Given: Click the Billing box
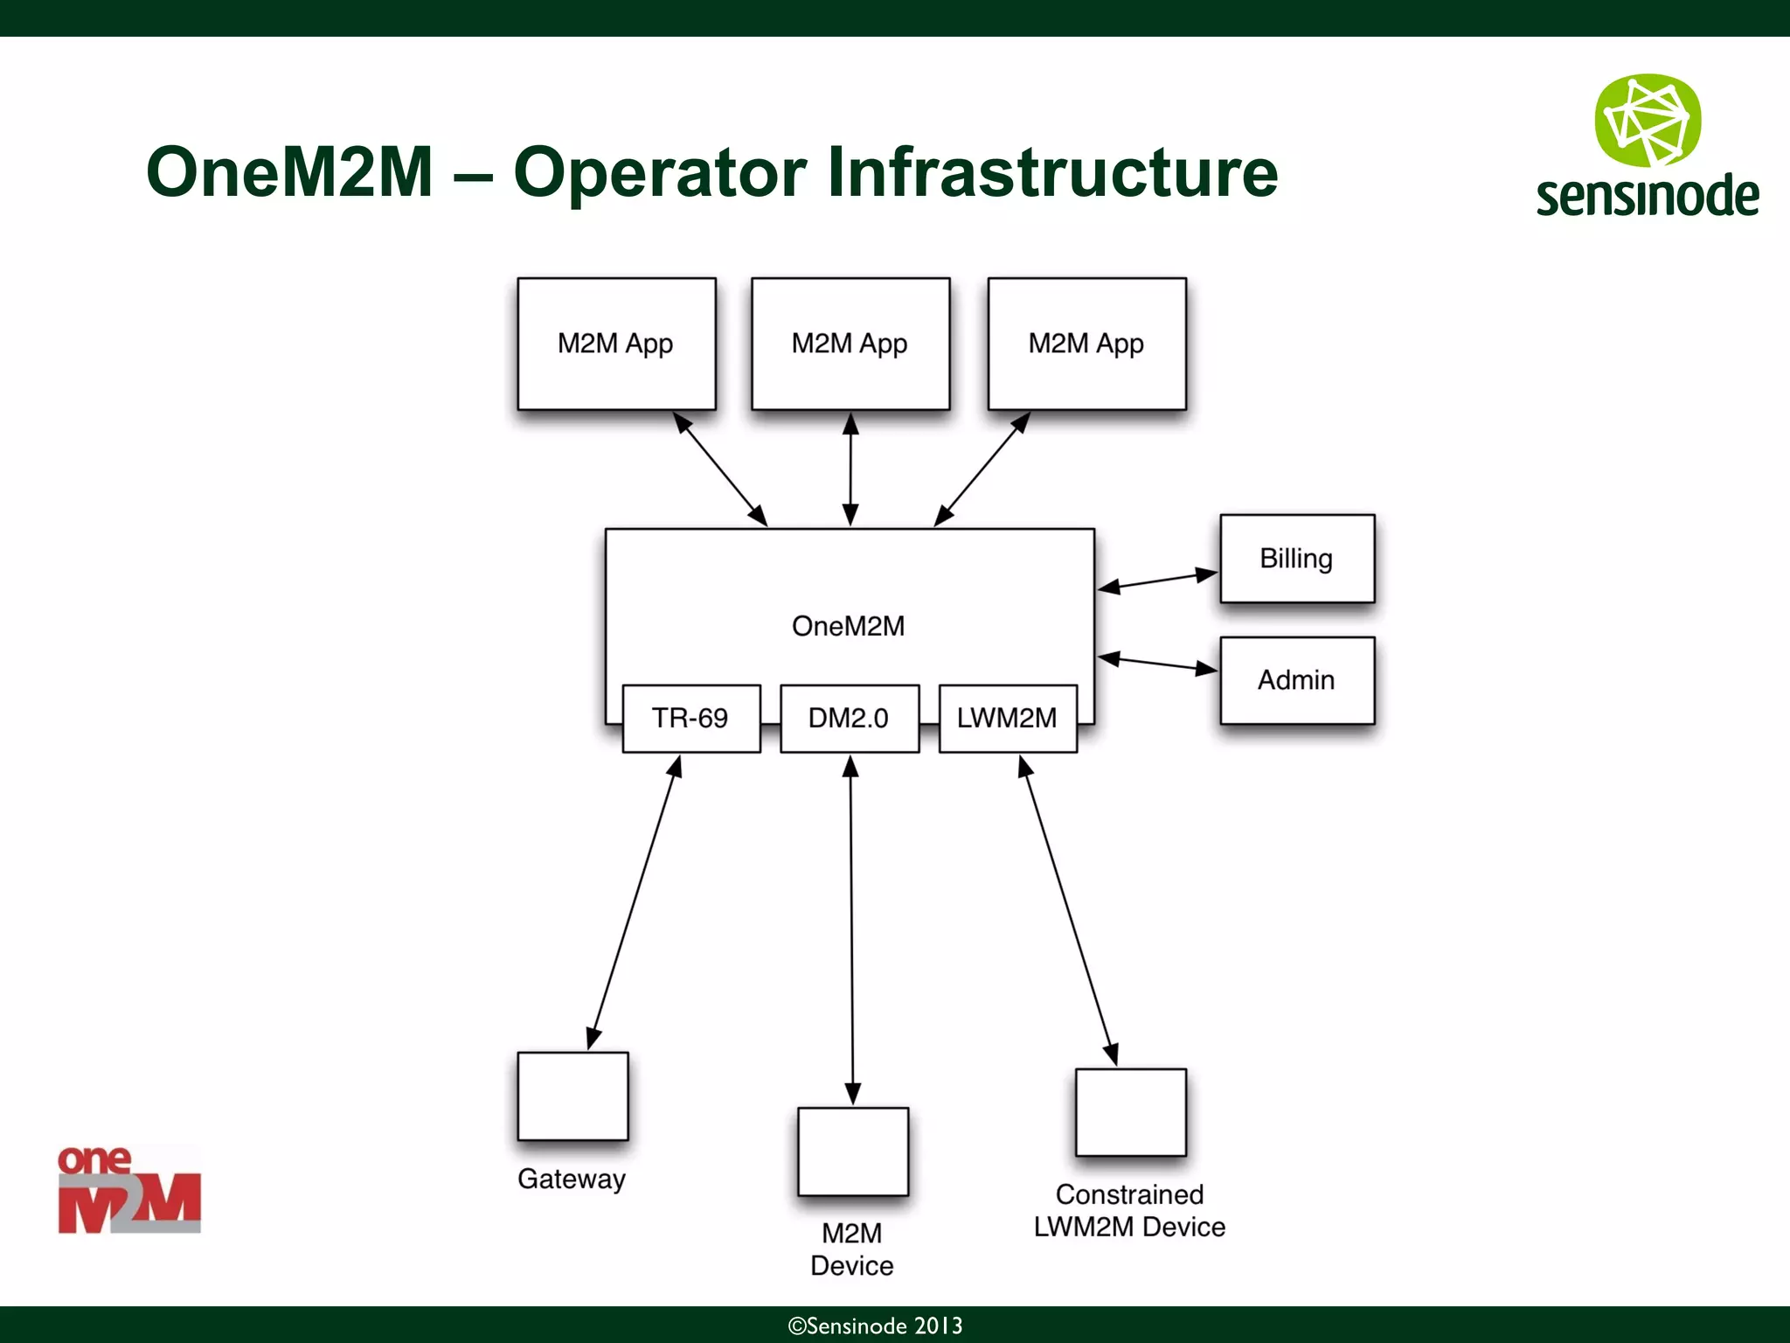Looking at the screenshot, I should pos(1296,559).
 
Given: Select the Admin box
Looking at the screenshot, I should pos(1296,680).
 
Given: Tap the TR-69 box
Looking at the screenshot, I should pos(690,718).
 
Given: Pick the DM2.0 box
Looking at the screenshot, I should pos(849,718).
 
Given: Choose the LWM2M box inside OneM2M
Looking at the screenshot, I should pos(1007,718).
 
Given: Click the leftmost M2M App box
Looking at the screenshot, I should pos(616,344).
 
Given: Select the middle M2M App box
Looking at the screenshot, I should pos(850,344).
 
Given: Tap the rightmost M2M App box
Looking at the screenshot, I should pos(1086,344).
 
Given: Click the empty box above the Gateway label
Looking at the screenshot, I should pos(572,1096).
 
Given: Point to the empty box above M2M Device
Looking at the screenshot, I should pos(852,1152).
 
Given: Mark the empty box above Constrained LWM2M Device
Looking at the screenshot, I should pos(1130,1112).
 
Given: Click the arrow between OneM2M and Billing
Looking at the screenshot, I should pos(1157,581).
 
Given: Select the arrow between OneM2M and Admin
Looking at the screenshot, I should pos(1157,664).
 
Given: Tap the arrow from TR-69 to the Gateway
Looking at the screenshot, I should pos(634,902).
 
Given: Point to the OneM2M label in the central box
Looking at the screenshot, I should pos(848,626).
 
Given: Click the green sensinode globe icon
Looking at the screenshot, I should pos(1648,121).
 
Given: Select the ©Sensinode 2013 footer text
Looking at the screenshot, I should pos(875,1326).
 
